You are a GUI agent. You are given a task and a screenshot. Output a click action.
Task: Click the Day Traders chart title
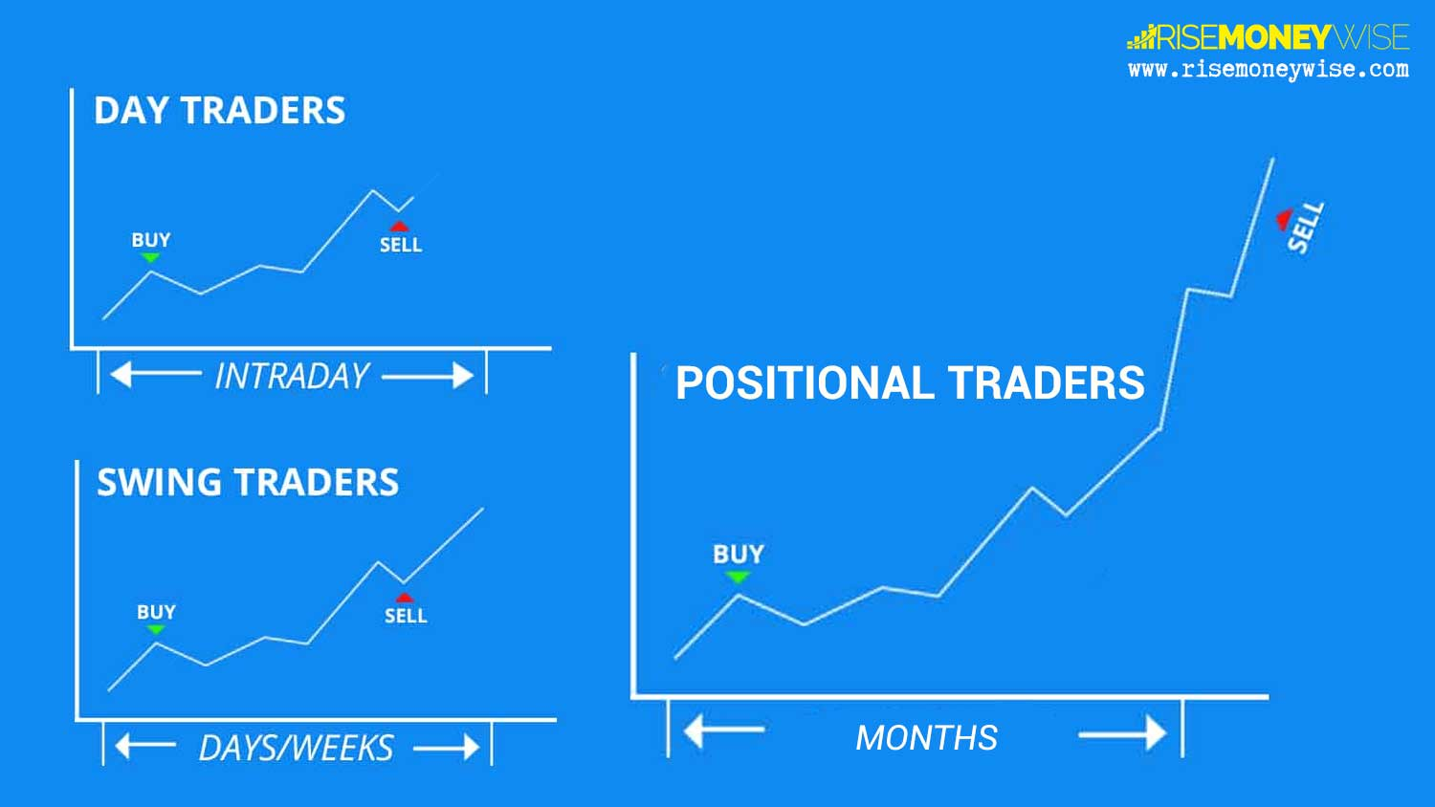coord(220,110)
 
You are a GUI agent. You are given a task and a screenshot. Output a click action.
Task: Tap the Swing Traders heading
coord(248,482)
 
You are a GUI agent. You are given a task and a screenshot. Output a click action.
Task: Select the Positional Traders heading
coord(910,383)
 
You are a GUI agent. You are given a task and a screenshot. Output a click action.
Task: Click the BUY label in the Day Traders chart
coord(151,240)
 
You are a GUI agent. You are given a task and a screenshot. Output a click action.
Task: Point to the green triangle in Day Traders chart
coord(150,257)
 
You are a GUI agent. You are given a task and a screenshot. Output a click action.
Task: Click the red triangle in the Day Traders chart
coord(399,226)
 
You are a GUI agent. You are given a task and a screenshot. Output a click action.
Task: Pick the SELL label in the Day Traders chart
coord(401,245)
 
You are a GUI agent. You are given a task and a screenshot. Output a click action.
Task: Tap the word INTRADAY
coord(292,376)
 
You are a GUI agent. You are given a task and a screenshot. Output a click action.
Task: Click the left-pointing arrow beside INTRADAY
coord(156,374)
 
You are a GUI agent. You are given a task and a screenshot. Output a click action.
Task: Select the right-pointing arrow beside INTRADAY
coord(428,376)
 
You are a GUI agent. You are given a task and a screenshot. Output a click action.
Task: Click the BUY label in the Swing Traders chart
coord(156,612)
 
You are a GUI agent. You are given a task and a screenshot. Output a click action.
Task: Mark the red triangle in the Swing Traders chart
coord(405,598)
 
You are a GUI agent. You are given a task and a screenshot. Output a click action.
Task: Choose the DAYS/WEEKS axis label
coord(296,748)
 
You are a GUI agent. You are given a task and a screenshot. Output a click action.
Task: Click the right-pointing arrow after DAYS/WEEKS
coord(447,747)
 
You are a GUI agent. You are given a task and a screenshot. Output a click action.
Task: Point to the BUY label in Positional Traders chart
coord(739,554)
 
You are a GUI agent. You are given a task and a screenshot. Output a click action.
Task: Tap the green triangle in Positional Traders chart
coord(738,578)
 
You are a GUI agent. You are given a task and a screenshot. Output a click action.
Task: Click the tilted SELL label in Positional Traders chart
coord(1306,228)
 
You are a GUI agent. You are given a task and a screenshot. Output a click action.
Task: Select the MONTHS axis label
coord(926,738)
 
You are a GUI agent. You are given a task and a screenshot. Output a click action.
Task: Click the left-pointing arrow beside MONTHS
coord(724,731)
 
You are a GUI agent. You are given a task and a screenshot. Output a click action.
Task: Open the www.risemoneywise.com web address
coord(1269,69)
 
